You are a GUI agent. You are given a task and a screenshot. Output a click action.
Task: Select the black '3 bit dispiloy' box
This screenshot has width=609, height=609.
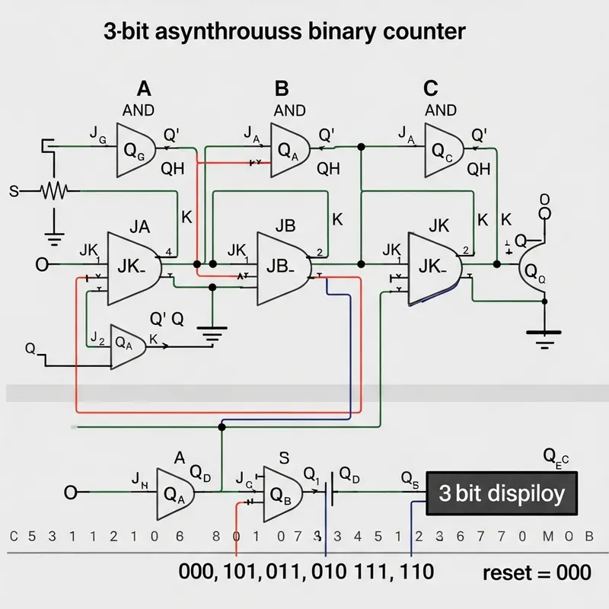502,493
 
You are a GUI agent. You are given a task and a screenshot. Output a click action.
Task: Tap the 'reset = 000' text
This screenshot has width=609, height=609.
537,572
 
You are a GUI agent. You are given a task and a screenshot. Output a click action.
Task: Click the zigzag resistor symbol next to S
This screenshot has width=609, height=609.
55,191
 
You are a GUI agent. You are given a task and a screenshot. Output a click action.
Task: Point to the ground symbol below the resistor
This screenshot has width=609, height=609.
54,238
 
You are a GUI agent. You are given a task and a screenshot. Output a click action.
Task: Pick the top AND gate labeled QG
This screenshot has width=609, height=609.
137,149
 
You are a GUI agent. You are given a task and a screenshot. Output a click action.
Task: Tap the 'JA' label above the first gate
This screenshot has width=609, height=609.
139,226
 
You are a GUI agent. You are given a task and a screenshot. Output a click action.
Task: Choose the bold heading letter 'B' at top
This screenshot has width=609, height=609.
282,89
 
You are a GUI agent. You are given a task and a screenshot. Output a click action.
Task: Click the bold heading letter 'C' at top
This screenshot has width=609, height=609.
431,89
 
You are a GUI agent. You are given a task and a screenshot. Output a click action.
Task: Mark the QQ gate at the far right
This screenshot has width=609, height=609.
532,276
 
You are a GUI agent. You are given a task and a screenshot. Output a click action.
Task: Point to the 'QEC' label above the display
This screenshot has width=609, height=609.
556,457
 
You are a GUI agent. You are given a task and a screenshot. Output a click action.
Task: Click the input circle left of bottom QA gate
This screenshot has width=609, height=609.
71,493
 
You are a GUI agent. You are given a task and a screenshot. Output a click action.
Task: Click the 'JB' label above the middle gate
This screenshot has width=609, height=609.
284,226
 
